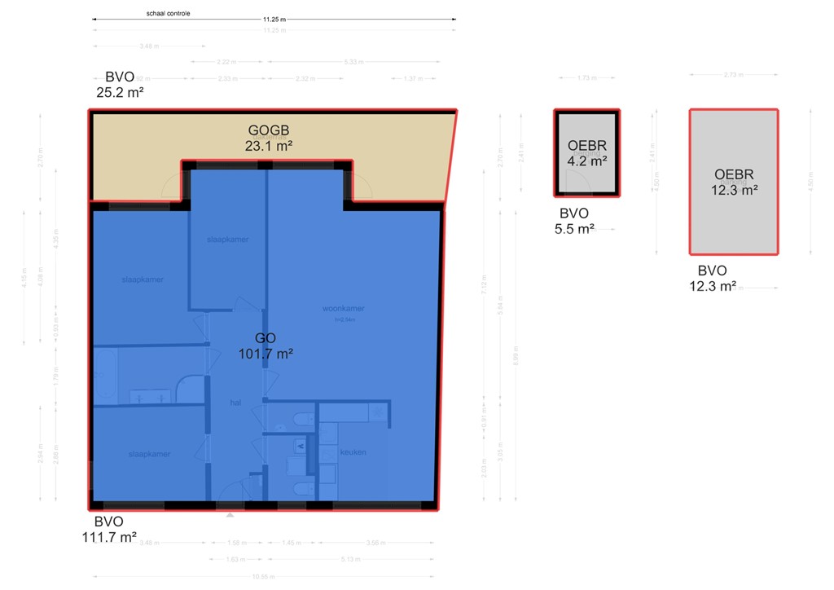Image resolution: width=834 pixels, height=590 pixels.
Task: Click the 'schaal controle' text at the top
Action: tap(169, 13)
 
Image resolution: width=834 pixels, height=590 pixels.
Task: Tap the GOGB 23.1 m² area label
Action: tap(269, 139)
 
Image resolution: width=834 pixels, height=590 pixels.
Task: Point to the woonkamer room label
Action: tap(343, 309)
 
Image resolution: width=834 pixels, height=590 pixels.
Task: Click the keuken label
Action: tap(353, 452)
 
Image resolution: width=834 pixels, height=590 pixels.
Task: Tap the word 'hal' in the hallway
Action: tap(235, 403)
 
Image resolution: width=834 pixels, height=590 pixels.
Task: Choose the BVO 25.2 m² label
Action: tap(120, 85)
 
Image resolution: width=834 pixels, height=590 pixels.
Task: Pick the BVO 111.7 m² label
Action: tap(109, 529)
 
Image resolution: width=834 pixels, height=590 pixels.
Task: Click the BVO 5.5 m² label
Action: tap(574, 222)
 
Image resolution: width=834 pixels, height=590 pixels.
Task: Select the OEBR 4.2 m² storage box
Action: tap(586, 153)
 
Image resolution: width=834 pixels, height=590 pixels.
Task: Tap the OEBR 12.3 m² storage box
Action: tap(733, 182)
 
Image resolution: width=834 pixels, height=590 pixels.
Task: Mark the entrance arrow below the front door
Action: tap(230, 514)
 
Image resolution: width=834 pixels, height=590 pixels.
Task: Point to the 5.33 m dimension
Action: tap(354, 61)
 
